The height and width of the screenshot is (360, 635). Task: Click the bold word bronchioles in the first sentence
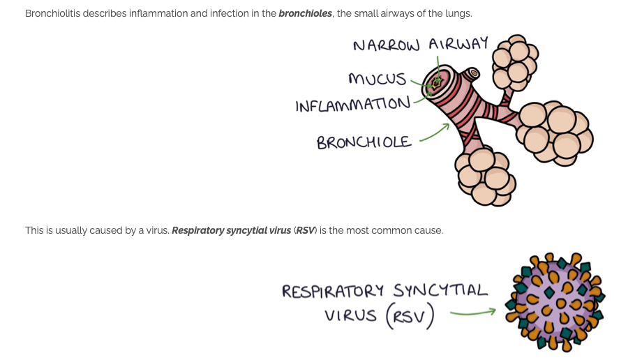(x=304, y=14)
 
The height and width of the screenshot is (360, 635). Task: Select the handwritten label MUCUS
(x=377, y=78)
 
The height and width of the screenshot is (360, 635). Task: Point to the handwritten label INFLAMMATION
(x=352, y=105)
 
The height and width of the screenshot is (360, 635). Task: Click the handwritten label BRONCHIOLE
(x=364, y=142)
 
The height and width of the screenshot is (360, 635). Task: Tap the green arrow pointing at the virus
(x=472, y=312)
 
